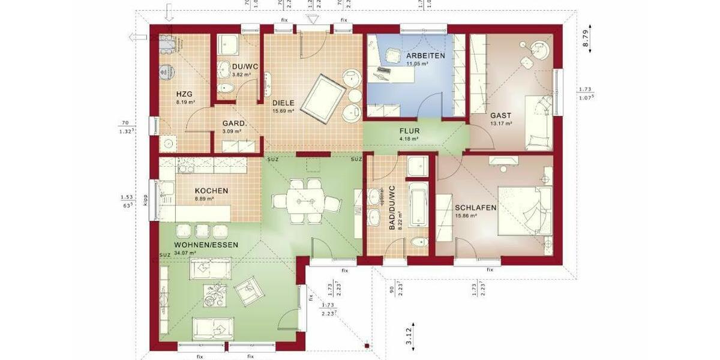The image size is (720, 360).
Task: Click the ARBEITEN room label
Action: (x=425, y=56)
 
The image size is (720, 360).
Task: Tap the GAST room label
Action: (x=500, y=116)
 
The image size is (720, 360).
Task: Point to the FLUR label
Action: (x=410, y=131)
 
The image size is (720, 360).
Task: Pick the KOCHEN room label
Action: (x=211, y=191)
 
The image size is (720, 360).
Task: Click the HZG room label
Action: (x=184, y=94)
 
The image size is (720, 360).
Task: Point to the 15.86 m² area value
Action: (x=466, y=215)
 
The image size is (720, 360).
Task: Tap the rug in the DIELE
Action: (x=322, y=98)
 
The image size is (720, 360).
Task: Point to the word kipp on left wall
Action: (x=145, y=199)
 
